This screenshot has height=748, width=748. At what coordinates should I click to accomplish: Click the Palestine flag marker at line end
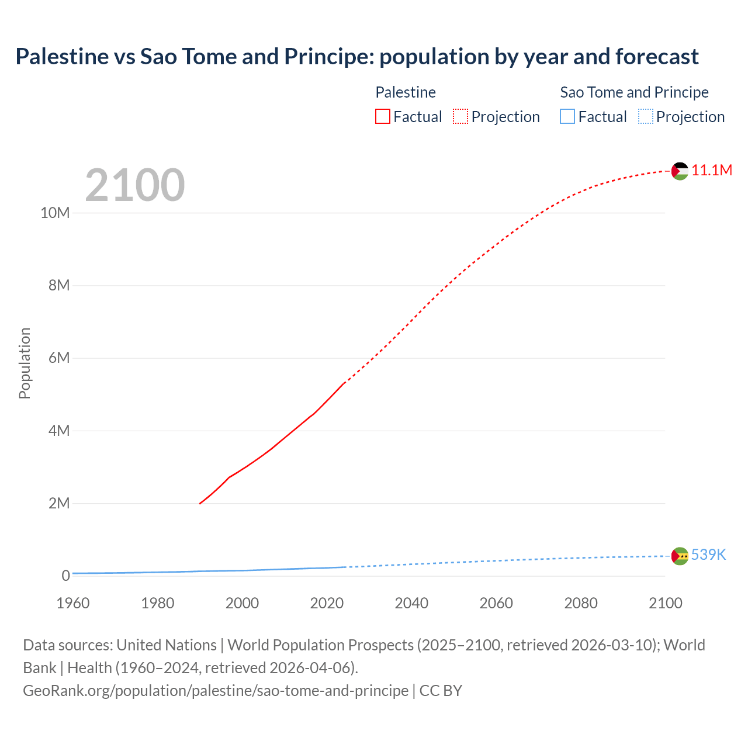tap(680, 171)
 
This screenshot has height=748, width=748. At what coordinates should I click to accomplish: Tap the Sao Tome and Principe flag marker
tap(680, 556)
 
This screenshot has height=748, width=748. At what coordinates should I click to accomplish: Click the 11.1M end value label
tap(712, 170)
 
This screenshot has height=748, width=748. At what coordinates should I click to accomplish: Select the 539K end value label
tap(708, 555)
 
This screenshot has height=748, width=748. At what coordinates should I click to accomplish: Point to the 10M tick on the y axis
tap(55, 213)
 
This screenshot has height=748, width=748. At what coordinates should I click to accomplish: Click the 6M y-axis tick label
tap(58, 358)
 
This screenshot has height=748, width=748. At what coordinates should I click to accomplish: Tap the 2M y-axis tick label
tap(58, 503)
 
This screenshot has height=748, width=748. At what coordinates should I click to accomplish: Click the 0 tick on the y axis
tap(65, 576)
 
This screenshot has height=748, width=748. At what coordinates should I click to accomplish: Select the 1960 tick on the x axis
tap(73, 603)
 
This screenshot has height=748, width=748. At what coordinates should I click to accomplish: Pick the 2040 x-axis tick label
tap(411, 603)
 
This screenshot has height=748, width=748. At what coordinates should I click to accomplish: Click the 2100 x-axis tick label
tap(665, 603)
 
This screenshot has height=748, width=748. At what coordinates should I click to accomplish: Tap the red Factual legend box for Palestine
tap(383, 117)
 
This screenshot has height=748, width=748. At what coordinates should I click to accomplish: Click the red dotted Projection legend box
tap(460, 117)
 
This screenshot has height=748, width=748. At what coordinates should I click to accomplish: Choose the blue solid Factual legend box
tap(567, 117)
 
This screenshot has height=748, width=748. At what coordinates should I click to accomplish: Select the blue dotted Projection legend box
tap(645, 117)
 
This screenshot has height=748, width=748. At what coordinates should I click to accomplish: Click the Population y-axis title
tap(25, 363)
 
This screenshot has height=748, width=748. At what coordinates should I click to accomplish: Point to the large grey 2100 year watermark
tap(135, 185)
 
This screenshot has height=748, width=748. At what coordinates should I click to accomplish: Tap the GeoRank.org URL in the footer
tap(216, 690)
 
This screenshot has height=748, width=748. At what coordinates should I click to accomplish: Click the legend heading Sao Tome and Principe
tap(634, 92)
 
